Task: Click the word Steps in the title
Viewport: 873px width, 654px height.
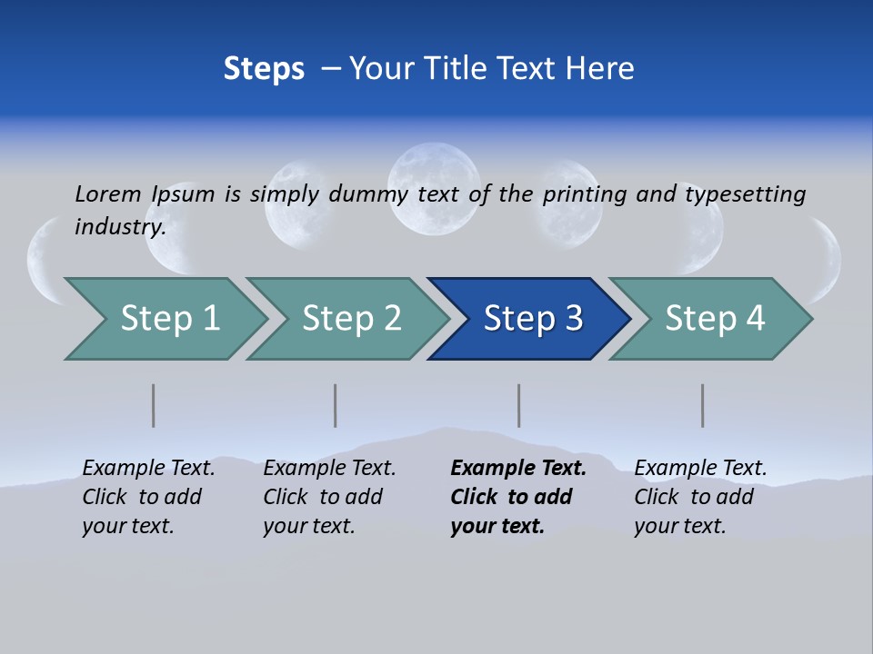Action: (264, 69)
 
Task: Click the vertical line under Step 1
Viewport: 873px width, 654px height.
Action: (154, 405)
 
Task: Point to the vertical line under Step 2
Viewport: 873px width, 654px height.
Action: (336, 405)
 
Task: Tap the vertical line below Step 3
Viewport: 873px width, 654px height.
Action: (519, 405)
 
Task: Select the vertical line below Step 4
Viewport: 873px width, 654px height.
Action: (703, 405)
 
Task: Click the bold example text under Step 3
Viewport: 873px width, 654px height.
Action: (517, 497)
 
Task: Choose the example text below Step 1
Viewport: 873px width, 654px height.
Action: (148, 497)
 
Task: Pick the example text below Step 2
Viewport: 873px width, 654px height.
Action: (329, 497)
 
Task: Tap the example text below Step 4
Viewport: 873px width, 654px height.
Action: (700, 497)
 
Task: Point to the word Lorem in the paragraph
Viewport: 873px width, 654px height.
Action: (108, 194)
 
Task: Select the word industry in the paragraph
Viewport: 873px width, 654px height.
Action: (119, 227)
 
